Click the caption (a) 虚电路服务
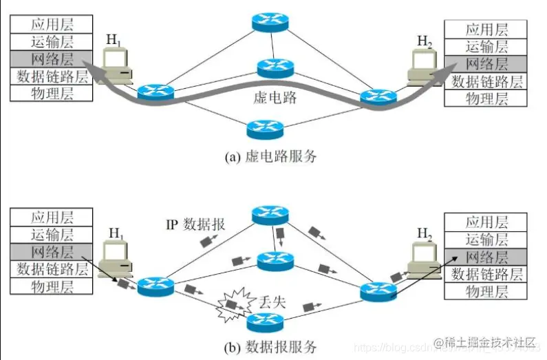pyautogui.click(x=271, y=156)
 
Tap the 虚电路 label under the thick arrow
pyautogui.click(x=274, y=98)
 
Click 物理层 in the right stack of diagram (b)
pyautogui.click(x=486, y=292)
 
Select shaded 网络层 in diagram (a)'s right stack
pyautogui.click(x=486, y=64)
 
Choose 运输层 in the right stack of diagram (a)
pyautogui.click(x=486, y=47)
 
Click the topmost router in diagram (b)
pyautogui.click(x=270, y=215)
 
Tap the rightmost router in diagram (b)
pyautogui.click(x=378, y=292)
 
